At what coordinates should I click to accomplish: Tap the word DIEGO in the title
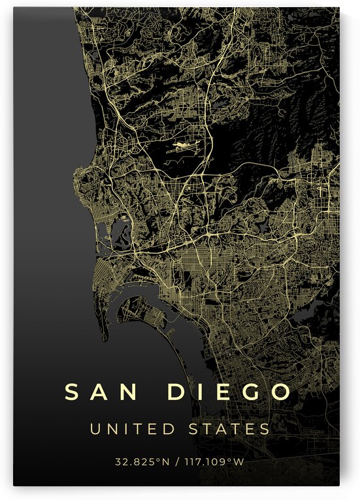229,392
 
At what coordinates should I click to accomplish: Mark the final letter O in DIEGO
280,392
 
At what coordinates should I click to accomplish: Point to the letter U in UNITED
95,429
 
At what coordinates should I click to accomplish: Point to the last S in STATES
265,429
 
